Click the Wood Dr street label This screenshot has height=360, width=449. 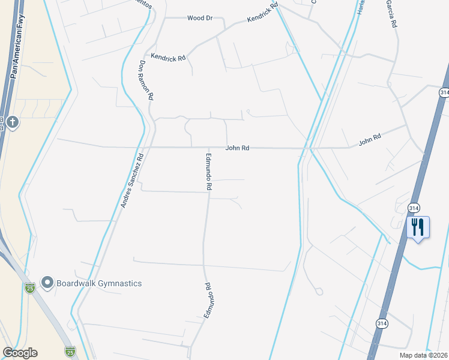pyautogui.click(x=200, y=18)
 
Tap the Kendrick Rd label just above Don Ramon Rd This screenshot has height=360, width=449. pyautogui.click(x=169, y=58)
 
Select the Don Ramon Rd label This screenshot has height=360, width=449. pyautogui.click(x=146, y=80)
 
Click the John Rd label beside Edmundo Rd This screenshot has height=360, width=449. pyautogui.click(x=237, y=148)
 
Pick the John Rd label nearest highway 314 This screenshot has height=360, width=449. pyautogui.click(x=370, y=139)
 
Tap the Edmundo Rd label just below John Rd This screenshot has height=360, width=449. pyautogui.click(x=209, y=172)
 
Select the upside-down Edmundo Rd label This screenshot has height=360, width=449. pyautogui.click(x=208, y=301)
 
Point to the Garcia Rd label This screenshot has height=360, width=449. pyautogui.click(x=393, y=14)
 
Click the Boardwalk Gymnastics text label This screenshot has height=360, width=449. pyautogui.click(x=100, y=283)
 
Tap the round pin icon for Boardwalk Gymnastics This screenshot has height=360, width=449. pyautogui.click(x=47, y=282)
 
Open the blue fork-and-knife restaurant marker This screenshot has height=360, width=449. pyautogui.click(x=418, y=228)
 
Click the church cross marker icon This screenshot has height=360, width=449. pyautogui.click(x=13, y=124)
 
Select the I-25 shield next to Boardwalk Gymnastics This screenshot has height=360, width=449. pyautogui.click(x=30, y=289)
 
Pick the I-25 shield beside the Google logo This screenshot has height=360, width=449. pyautogui.click(x=70, y=350)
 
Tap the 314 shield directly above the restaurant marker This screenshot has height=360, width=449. pyautogui.click(x=414, y=207)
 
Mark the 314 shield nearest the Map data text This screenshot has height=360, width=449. pyautogui.click(x=382, y=323)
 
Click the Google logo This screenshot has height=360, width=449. pyautogui.click(x=20, y=353)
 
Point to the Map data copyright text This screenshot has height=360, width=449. pyautogui.click(x=424, y=355)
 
